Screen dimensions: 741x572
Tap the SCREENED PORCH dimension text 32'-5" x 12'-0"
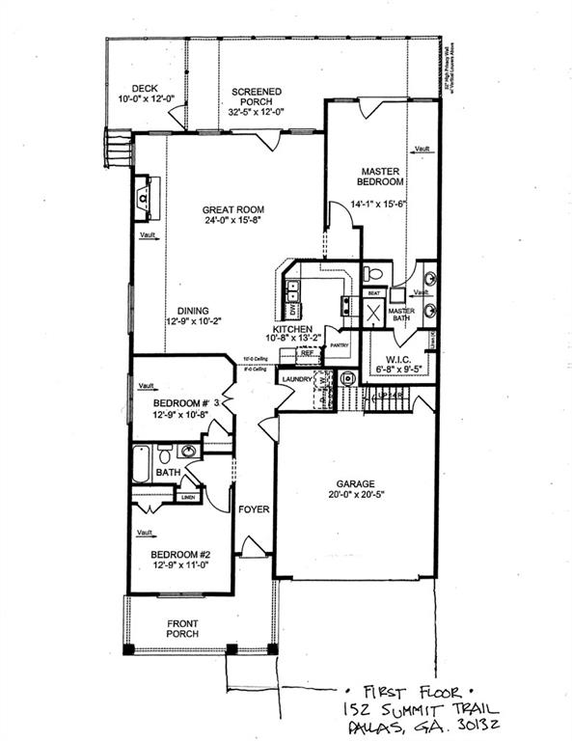pyautogui.click(x=256, y=112)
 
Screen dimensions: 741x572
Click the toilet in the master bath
pyautogui.click(x=373, y=274)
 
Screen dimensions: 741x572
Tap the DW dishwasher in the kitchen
pyautogui.click(x=291, y=312)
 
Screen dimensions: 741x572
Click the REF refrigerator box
pyautogui.click(x=308, y=353)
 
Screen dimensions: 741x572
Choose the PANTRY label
pyautogui.click(x=338, y=344)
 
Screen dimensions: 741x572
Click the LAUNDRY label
pyautogui.click(x=296, y=379)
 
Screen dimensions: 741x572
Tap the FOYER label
pyautogui.click(x=254, y=508)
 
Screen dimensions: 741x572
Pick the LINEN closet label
pyautogui.click(x=187, y=497)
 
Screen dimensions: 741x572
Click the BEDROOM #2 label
pyautogui.click(x=180, y=554)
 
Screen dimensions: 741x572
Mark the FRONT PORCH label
pyautogui.click(x=182, y=628)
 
